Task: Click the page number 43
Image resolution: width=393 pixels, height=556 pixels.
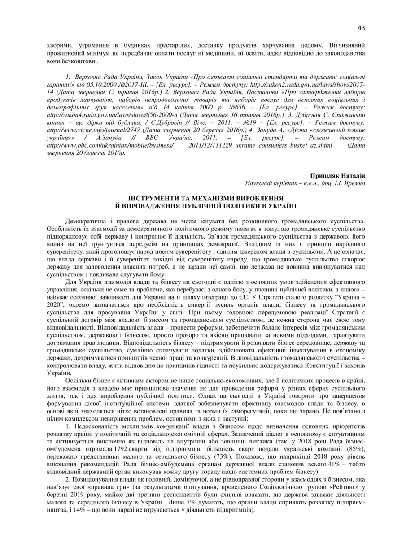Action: (361, 28)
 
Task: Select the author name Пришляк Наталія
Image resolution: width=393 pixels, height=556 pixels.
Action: (337, 176)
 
